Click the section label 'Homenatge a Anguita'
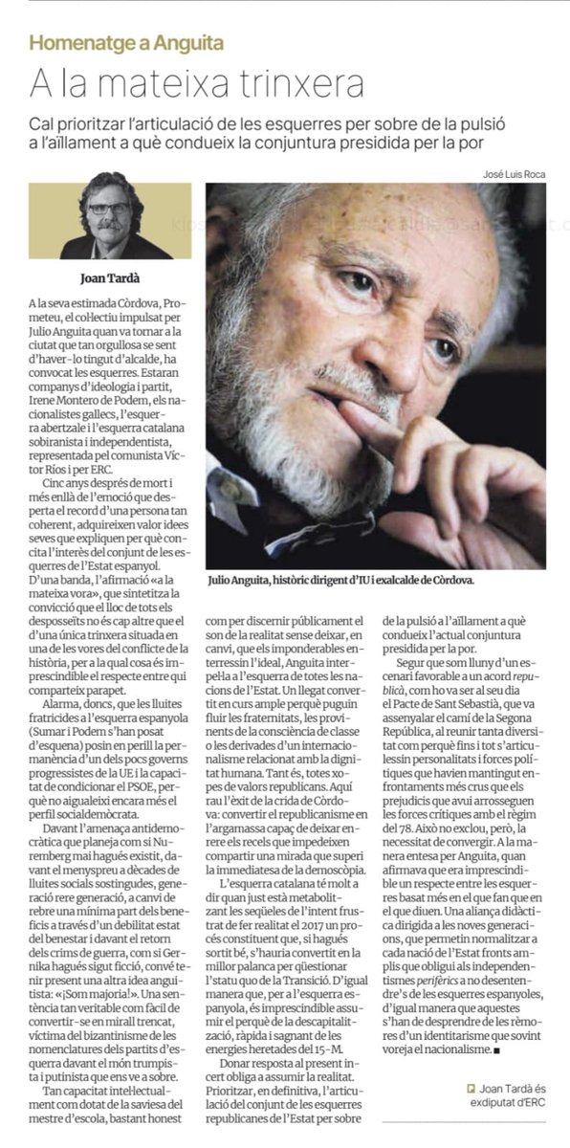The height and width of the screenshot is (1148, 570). pyautogui.click(x=126, y=42)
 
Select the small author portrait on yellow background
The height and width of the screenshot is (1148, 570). pyautogui.click(x=110, y=221)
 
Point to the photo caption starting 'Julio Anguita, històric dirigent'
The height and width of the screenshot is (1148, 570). pyautogui.click(x=340, y=580)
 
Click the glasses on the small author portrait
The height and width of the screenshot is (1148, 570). pyautogui.click(x=108, y=208)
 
